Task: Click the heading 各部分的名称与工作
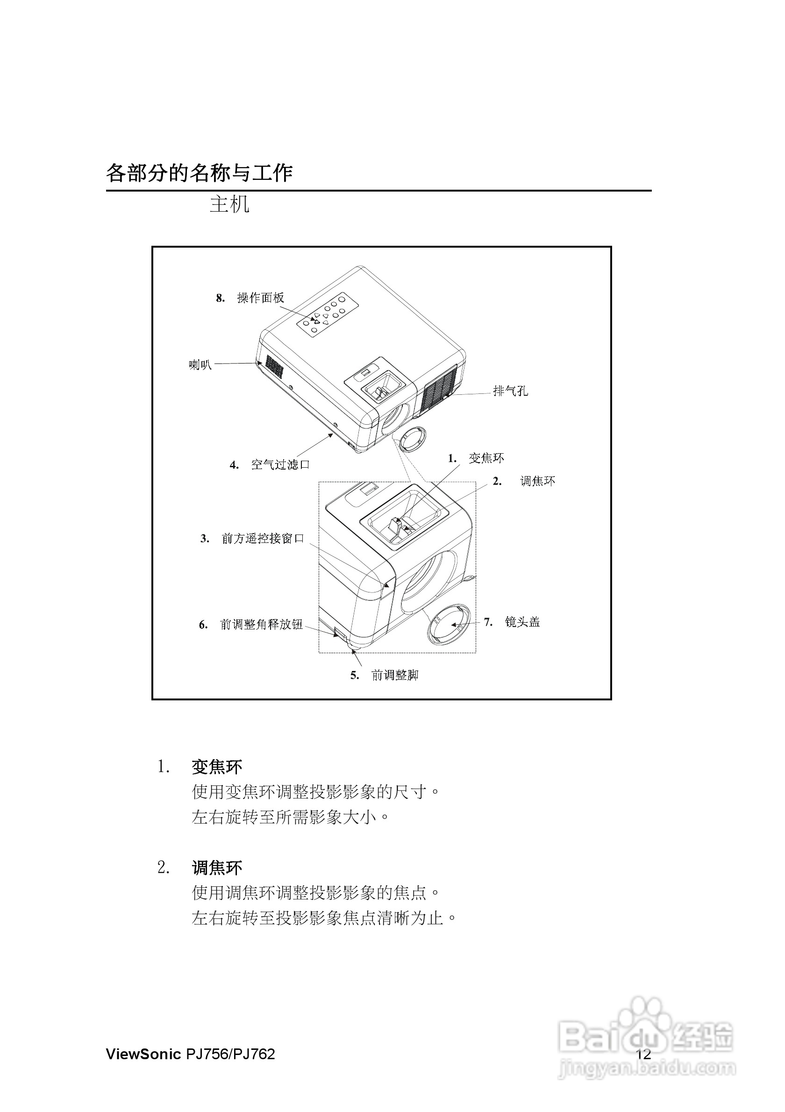tap(199, 173)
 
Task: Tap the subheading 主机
tap(229, 204)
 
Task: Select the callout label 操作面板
tap(261, 298)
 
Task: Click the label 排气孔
tap(510, 390)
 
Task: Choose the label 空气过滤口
tap(280, 465)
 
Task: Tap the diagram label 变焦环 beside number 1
tap(486, 458)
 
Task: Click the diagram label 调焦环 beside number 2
tap(537, 481)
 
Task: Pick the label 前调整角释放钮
tap(262, 624)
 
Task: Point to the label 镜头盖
tap(522, 622)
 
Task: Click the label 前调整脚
tap(395, 675)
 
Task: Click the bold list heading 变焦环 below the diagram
tap(217, 767)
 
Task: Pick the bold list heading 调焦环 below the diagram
tap(217, 868)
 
